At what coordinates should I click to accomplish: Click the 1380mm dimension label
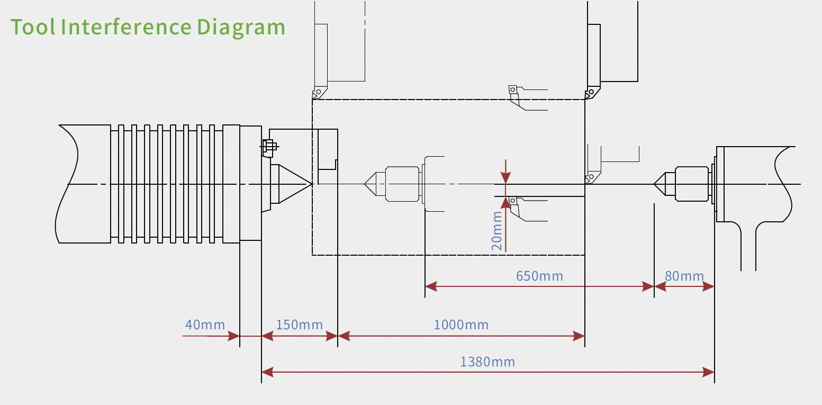[487, 362]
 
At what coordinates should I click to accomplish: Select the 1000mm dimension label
[460, 325]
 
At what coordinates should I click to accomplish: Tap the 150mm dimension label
[299, 325]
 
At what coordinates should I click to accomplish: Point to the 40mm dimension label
[205, 325]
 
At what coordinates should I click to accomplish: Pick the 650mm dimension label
[539, 276]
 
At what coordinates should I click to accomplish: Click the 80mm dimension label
[684, 276]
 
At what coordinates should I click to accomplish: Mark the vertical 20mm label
[496, 231]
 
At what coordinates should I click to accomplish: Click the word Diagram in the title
[241, 27]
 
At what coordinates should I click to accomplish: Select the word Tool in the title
[33, 27]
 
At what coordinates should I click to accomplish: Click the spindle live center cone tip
[311, 184]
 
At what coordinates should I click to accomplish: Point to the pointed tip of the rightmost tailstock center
[655, 184]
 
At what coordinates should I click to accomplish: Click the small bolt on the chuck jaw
[268, 147]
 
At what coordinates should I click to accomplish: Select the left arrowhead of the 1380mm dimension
[267, 373]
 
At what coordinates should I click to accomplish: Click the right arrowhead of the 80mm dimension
[709, 286]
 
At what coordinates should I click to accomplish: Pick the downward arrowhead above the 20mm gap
[506, 178]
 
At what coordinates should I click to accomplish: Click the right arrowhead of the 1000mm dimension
[580, 336]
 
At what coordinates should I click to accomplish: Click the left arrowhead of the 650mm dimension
[430, 286]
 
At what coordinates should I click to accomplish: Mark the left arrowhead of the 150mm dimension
[267, 336]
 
